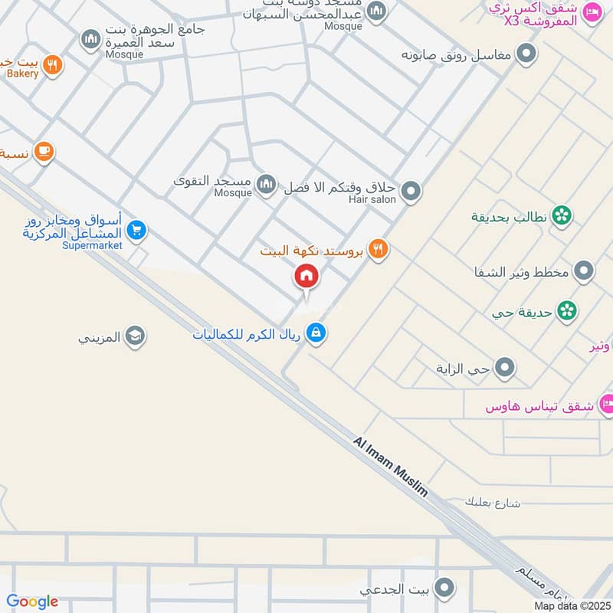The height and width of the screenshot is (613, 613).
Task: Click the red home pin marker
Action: click(x=306, y=277)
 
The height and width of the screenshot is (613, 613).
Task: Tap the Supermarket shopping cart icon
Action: click(x=136, y=230)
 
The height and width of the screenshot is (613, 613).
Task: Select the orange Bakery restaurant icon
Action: click(x=52, y=65)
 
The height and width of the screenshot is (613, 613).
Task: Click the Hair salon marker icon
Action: click(x=411, y=191)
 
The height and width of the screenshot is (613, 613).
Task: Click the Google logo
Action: click(x=32, y=602)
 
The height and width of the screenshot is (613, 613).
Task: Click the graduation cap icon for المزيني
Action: click(x=136, y=336)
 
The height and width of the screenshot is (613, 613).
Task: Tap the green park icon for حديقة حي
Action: click(x=567, y=310)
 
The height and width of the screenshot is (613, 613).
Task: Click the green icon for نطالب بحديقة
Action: click(x=562, y=217)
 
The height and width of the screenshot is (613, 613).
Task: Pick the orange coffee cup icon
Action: click(x=44, y=151)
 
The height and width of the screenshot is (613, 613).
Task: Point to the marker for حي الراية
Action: click(x=505, y=369)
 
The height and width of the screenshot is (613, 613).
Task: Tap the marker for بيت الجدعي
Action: click(x=444, y=588)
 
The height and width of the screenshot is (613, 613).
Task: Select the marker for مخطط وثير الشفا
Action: click(x=584, y=271)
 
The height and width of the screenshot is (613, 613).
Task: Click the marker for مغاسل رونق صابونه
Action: click(x=526, y=54)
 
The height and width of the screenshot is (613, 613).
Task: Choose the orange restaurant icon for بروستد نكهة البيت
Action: click(x=378, y=248)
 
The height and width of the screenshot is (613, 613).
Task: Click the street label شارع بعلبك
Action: click(x=492, y=503)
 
